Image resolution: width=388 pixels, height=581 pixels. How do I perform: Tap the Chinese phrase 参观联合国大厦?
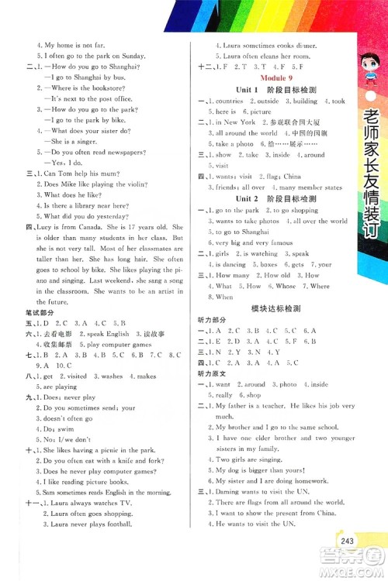point(292,122)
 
